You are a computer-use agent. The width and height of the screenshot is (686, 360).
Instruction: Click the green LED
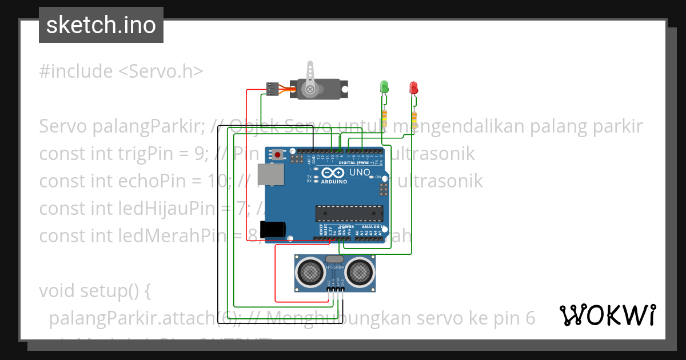pos(384,87)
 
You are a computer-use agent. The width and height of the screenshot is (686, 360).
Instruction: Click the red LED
pos(413,87)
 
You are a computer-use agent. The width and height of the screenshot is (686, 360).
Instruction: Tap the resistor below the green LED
pos(385,118)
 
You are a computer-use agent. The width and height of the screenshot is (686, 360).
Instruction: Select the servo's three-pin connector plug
pos(272,89)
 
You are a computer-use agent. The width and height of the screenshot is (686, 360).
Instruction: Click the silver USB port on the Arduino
pos(270,175)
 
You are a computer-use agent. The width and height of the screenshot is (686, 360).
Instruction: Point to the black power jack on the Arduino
pos(272,229)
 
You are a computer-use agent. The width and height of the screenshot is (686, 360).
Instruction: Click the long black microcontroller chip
pos(349,213)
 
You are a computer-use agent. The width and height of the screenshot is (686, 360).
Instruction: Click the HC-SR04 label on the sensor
pos(335,267)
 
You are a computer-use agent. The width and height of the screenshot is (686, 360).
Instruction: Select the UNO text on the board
pos(360,172)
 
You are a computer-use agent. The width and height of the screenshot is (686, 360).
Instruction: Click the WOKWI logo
pos(608,315)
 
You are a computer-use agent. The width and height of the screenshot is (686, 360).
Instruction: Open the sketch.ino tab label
pos(101,25)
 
